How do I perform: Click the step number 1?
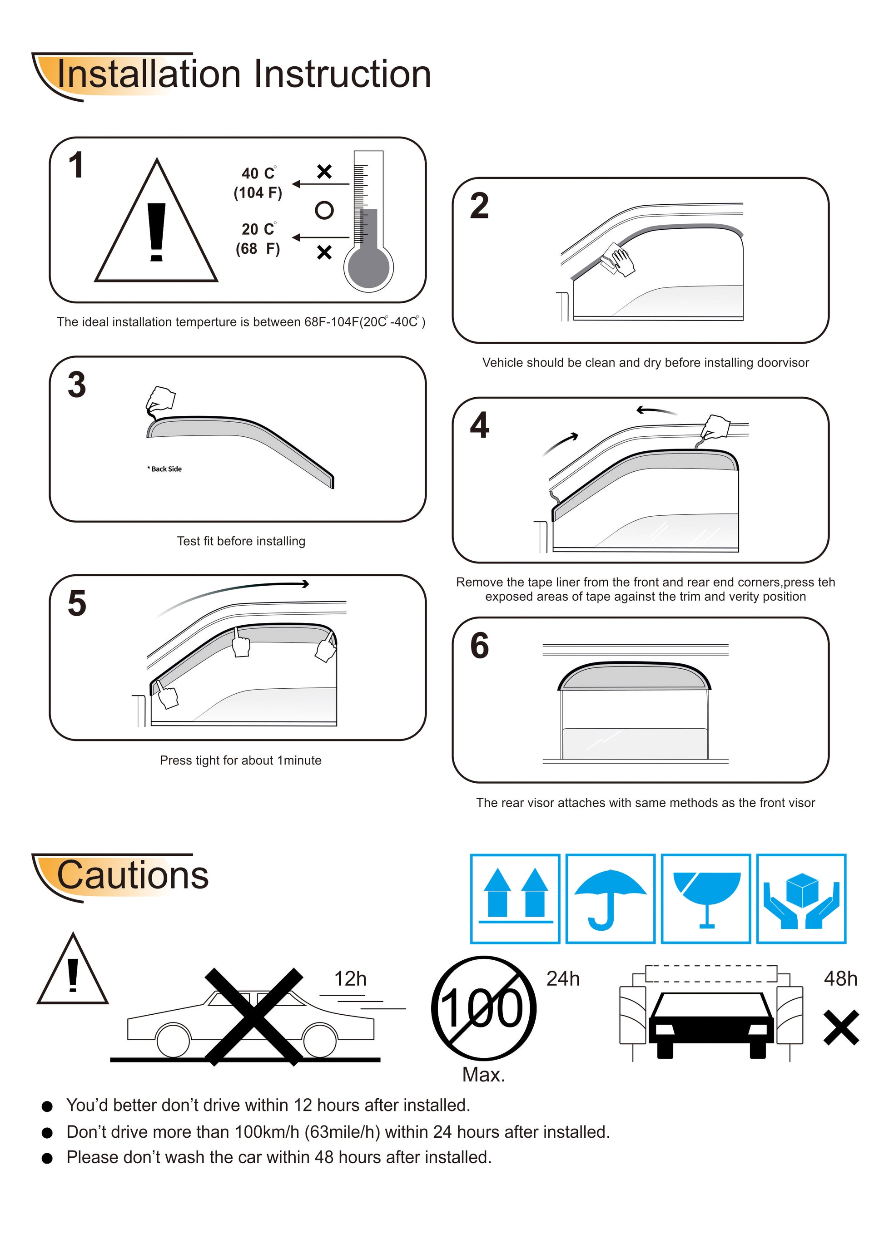coord(76,165)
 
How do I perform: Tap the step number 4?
coord(480,425)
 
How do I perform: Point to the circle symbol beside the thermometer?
coord(324,210)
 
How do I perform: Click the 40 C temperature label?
coord(258,173)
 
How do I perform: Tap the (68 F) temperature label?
coord(258,249)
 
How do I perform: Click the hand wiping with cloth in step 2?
coord(618,259)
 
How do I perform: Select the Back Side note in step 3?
coord(164,469)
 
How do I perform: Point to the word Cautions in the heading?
coord(133,875)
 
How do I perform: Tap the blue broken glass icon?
coord(706,900)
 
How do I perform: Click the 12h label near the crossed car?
coord(350,979)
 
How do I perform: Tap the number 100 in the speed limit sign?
coord(482,1008)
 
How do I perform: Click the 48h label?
coord(840,979)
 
